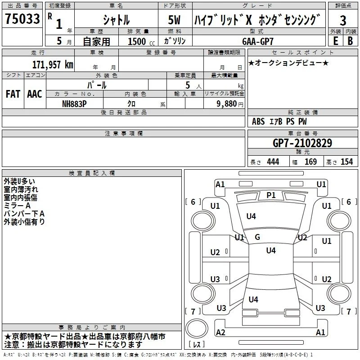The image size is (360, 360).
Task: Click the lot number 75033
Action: pyautogui.click(x=22, y=18)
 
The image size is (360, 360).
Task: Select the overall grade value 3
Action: pyautogui.click(x=343, y=20)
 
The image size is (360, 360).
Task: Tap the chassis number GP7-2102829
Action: pyautogui.click(x=302, y=143)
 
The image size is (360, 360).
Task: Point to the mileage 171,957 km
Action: pyautogui.click(x=53, y=64)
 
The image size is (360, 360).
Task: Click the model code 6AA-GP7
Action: pyautogui.click(x=258, y=41)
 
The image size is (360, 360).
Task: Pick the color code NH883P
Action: pyautogui.click(x=74, y=104)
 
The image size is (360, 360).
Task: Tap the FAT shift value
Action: pyautogui.click(x=13, y=94)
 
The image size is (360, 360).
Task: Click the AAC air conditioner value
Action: pyautogui.click(x=35, y=94)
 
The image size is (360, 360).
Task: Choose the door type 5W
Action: pyautogui.click(x=174, y=20)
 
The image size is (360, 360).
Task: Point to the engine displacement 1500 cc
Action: pyautogui.click(x=141, y=41)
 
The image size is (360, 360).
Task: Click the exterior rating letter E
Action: pyautogui.click(x=335, y=41)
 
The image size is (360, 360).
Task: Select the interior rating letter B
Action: pyautogui.click(x=350, y=41)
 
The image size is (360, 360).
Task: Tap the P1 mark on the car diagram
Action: pyautogui.click(x=271, y=195)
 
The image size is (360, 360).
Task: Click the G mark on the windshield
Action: pyautogui.click(x=257, y=237)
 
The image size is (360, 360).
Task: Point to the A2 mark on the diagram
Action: pyautogui.click(x=220, y=332)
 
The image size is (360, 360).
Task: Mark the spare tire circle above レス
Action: pyautogui.click(x=197, y=328)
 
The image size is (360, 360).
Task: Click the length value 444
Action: pyautogui.click(x=273, y=162)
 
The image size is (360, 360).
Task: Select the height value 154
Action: pyautogui.click(x=346, y=162)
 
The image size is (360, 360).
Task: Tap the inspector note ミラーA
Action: pyautogui.click(x=17, y=206)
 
